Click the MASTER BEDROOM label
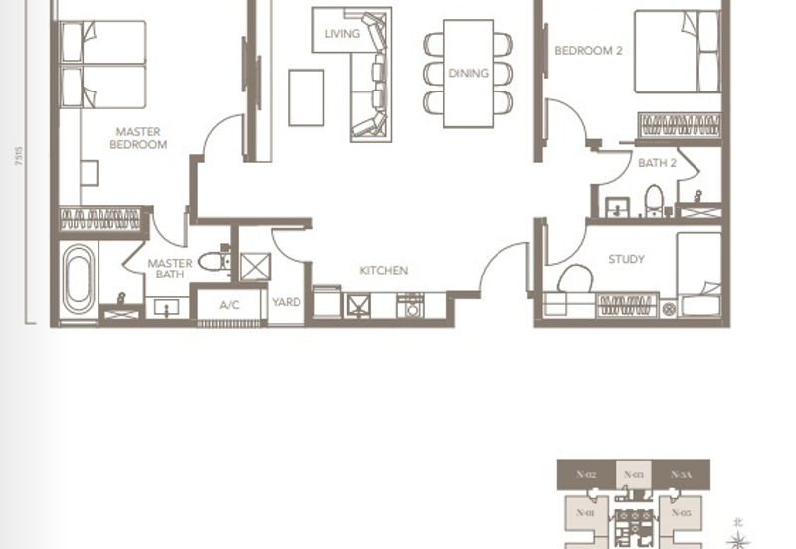[137, 138]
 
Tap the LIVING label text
[341, 34]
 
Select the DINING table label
[468, 73]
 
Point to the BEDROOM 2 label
[588, 50]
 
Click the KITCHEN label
[383, 270]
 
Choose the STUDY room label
[626, 259]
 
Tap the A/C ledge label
[229, 304]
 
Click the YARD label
[287, 303]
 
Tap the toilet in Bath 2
[654, 199]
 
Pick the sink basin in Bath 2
[617, 207]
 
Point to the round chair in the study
[574, 279]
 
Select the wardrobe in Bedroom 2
[680, 126]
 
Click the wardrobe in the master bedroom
[99, 218]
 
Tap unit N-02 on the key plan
[585, 475]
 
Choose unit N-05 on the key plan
[681, 513]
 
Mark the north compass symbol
[738, 537]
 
